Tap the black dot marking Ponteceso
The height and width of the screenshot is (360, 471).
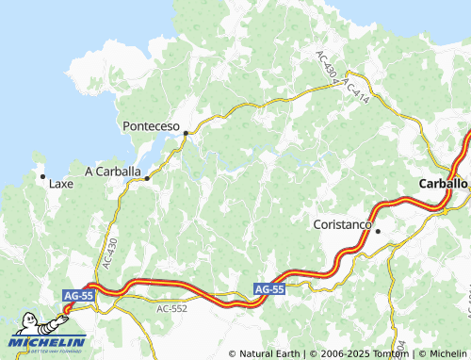[187, 134]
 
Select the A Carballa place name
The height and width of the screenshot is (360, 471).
[113, 172]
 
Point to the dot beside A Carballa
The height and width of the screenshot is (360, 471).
[147, 177]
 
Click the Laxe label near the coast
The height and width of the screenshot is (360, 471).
[60, 184]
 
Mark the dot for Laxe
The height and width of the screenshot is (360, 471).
[42, 176]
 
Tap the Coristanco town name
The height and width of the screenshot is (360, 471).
[343, 225]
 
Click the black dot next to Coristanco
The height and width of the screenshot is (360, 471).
[378, 231]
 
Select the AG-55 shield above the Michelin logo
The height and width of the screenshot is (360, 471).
[78, 296]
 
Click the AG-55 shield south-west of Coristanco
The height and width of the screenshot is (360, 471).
[269, 289]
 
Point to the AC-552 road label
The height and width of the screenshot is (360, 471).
[172, 308]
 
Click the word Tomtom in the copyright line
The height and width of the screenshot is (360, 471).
[385, 353]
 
